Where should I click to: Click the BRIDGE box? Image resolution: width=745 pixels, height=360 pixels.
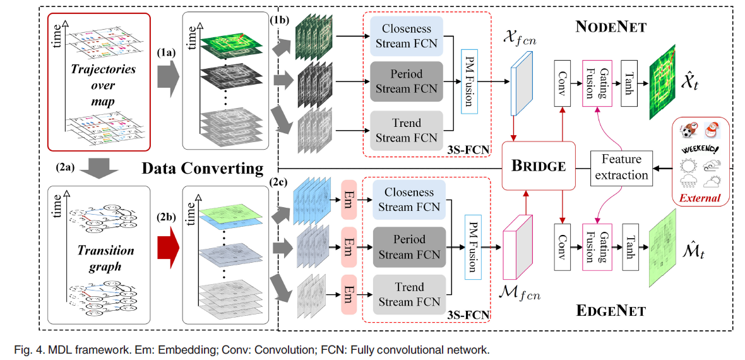click(x=539, y=166)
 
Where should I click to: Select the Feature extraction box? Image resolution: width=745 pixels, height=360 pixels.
click(x=621, y=167)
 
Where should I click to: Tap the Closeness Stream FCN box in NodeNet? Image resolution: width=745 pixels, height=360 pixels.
click(x=406, y=36)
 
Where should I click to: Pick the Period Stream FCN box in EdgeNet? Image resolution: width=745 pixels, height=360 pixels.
click(x=409, y=247)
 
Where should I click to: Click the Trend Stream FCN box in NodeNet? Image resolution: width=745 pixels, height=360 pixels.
click(x=406, y=131)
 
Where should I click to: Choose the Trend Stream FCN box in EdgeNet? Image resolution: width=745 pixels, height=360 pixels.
click(x=409, y=294)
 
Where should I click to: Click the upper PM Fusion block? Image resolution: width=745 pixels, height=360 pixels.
click(x=469, y=81)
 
